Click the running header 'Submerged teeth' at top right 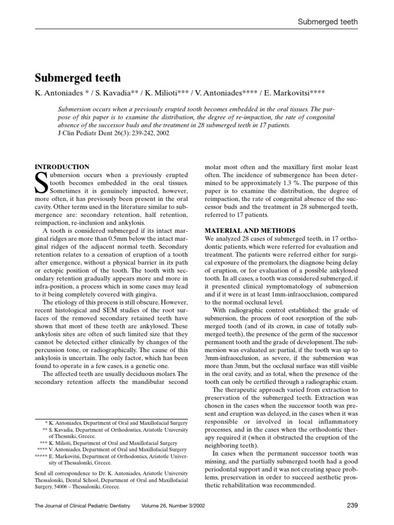point(328,22)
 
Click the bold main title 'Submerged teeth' point(77,78)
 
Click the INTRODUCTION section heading point(62,167)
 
